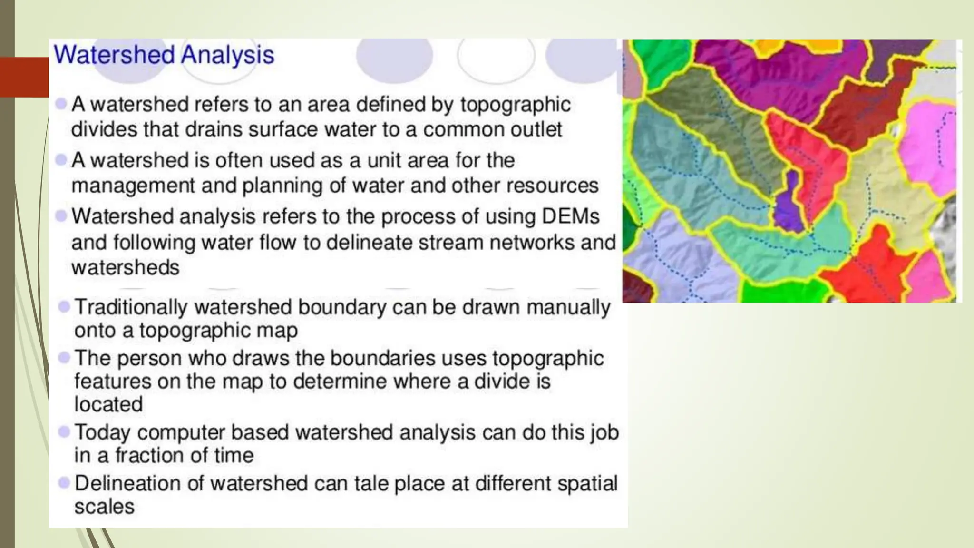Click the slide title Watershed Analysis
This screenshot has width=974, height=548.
(x=164, y=55)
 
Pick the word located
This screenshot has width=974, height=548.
(x=108, y=404)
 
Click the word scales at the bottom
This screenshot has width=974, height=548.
(x=104, y=507)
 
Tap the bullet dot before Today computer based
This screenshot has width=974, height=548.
(x=64, y=432)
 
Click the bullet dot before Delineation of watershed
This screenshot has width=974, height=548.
(x=64, y=483)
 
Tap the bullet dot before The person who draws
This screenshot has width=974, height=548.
(x=64, y=357)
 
